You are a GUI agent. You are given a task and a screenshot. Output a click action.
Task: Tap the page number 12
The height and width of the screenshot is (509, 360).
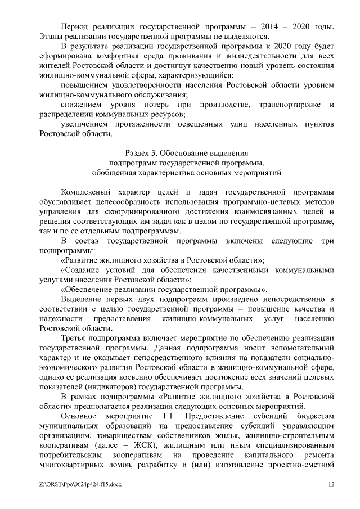click(x=331, y=484)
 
